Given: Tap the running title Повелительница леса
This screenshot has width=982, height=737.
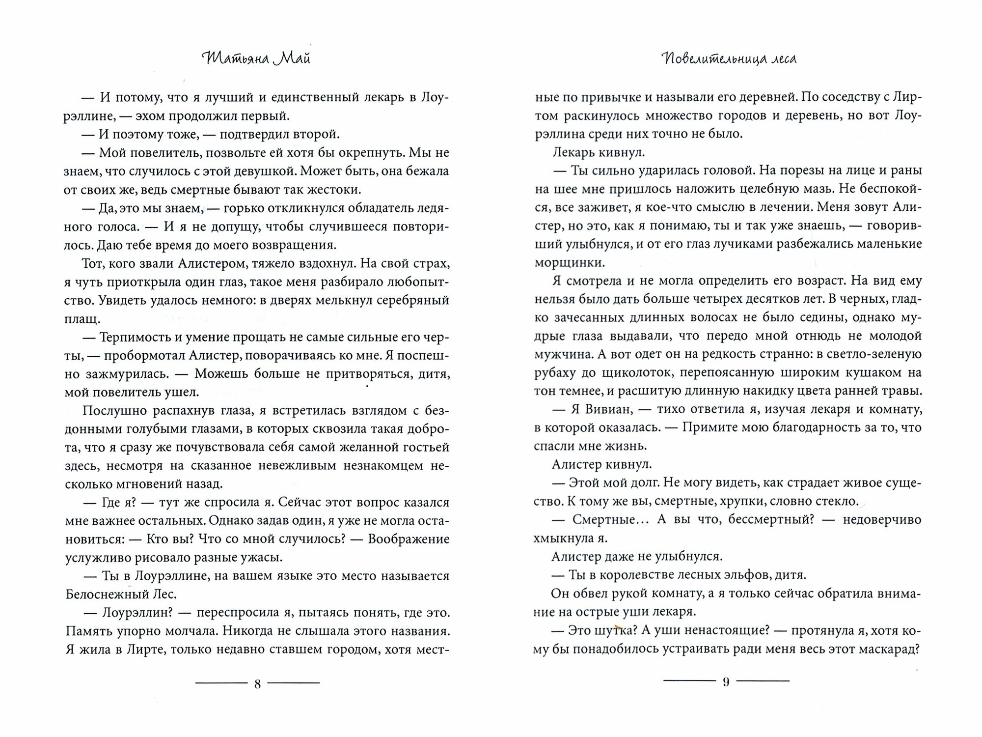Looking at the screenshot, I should [x=728, y=59].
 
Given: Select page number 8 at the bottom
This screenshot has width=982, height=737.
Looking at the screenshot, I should [x=258, y=683].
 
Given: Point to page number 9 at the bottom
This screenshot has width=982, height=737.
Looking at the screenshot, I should [x=726, y=682].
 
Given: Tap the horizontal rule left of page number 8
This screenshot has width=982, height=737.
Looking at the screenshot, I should [x=221, y=682].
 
